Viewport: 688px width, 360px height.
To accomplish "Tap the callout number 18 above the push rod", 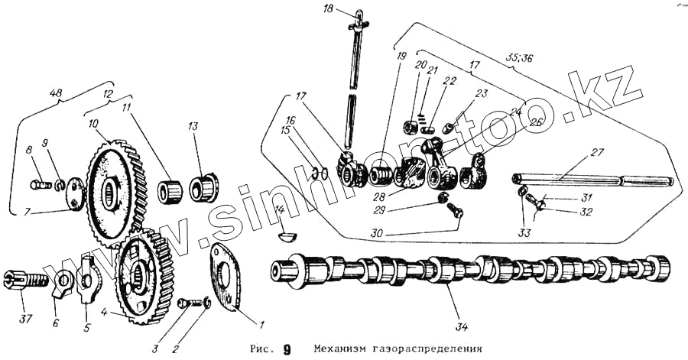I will pyautogui.click(x=328, y=8).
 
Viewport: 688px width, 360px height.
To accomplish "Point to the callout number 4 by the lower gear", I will pyautogui.click(x=104, y=312).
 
